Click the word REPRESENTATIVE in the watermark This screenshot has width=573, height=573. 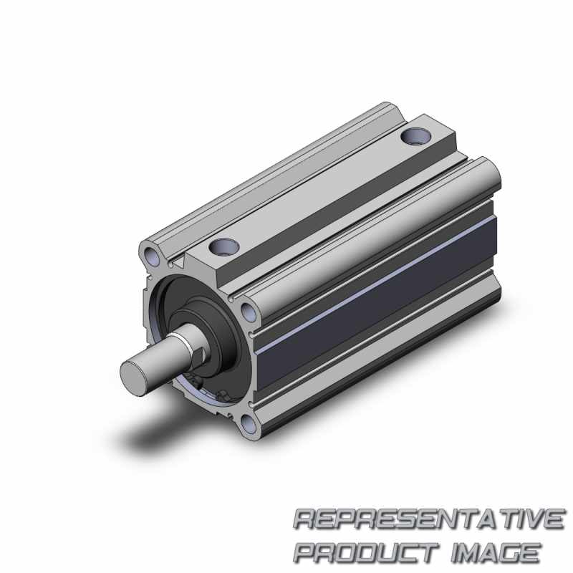point(428,519)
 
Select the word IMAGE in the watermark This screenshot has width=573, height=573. point(495,553)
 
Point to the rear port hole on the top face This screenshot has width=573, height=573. point(416,136)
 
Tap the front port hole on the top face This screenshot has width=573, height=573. point(224,246)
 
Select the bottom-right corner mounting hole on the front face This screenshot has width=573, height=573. point(249,424)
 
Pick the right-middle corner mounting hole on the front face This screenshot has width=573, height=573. point(249,312)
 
